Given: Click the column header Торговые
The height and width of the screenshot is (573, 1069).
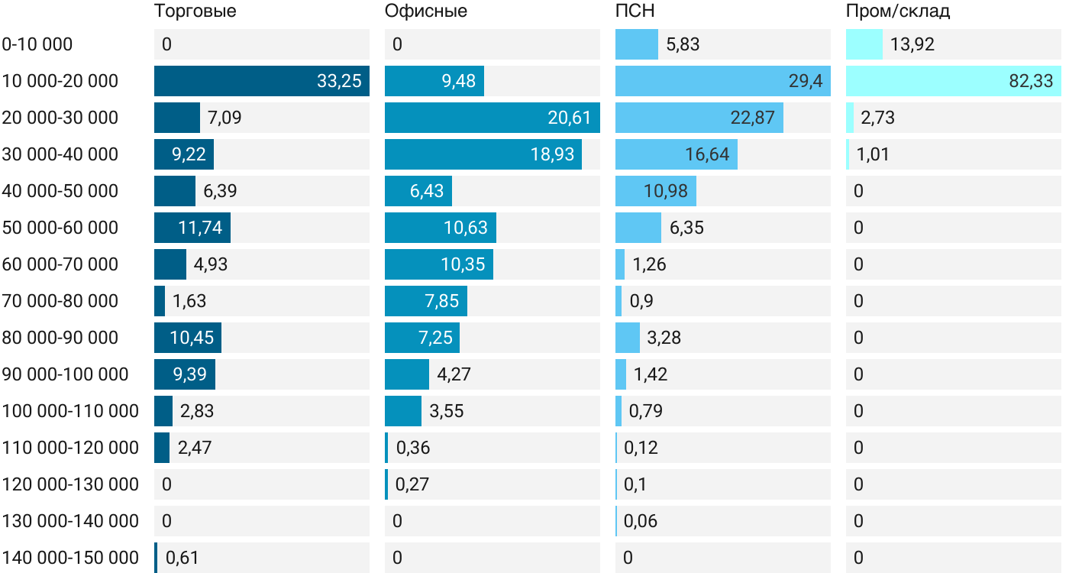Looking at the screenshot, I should [195, 11].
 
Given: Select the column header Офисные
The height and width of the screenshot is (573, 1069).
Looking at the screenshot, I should [426, 11].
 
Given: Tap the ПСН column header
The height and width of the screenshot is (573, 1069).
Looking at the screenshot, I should [635, 11].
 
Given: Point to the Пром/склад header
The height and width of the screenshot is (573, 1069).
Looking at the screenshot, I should [898, 11].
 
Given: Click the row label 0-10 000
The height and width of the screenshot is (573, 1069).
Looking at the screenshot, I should [37, 44].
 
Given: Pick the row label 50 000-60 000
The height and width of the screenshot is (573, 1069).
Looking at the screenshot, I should [60, 228].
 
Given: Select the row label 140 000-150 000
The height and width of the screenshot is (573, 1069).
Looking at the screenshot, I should [70, 558].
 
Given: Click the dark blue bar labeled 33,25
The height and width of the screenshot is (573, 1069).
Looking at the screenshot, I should [261, 81].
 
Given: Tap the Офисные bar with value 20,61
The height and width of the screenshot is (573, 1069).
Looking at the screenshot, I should [492, 118].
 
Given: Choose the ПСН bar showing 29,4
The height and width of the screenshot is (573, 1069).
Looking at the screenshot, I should [722, 81].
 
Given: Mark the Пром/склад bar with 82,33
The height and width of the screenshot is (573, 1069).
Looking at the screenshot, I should [953, 81].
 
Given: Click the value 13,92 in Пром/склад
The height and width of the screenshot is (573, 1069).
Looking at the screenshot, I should [912, 44].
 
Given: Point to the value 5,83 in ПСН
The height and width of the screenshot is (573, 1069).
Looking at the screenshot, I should [683, 44].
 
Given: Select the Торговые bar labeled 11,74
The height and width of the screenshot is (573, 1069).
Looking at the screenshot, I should [192, 228].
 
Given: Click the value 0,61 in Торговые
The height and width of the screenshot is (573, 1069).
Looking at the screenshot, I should [182, 558].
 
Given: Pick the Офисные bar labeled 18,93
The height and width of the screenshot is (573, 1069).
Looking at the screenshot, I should [483, 154].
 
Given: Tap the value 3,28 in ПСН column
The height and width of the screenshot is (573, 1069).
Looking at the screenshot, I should [664, 338].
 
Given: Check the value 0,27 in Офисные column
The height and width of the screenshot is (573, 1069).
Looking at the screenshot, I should [413, 484].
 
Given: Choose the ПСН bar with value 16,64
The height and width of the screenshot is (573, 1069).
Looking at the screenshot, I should [676, 154].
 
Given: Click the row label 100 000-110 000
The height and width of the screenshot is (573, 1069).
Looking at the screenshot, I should [70, 411].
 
